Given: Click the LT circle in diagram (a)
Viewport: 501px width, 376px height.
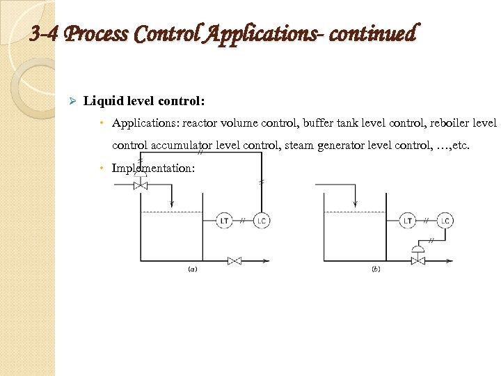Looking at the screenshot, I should [x=224, y=221].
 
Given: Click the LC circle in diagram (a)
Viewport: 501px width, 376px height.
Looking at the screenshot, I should [x=261, y=221].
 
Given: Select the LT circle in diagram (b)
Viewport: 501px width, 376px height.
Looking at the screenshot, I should [x=408, y=221].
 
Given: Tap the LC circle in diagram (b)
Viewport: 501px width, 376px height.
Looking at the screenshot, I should [x=445, y=221].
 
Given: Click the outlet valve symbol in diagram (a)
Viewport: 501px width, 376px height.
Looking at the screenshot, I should [x=234, y=261].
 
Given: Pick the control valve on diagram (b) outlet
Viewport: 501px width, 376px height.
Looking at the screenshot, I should [x=418, y=260].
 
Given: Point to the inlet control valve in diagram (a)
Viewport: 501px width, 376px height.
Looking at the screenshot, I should [x=141, y=186].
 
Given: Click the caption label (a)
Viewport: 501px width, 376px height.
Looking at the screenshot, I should [x=191, y=269].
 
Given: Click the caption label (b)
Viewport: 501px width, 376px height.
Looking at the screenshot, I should [x=376, y=269].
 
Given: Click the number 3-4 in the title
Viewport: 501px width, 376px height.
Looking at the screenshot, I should [x=46, y=33].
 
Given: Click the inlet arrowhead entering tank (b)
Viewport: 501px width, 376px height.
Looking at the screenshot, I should [x=356, y=203].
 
